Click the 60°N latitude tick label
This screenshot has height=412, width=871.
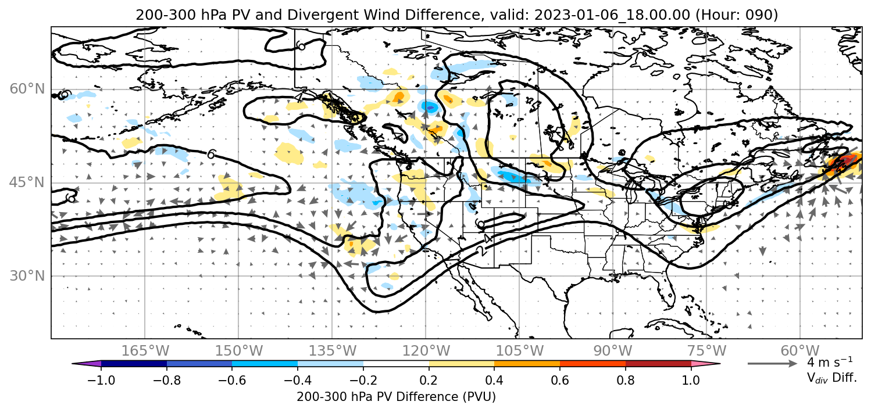pos(27,89)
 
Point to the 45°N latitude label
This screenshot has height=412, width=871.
pos(27,182)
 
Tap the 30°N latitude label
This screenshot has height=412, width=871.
pos(27,276)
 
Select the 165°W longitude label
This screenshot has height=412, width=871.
pos(145,350)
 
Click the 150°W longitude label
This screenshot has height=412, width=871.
pos(239,350)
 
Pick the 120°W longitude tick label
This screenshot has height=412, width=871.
pos(426,350)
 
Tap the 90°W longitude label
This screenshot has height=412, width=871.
pos(613,350)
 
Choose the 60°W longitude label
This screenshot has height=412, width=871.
pos(800,350)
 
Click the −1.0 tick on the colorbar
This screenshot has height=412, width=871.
pos(101,379)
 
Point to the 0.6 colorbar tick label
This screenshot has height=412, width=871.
pos(560,379)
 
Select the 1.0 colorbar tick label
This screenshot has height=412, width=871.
pos(691,379)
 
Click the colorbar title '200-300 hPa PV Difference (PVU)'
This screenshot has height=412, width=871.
pos(396,397)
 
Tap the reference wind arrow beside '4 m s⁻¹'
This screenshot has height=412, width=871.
pos(772,364)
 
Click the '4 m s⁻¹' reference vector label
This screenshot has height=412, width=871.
pos(830,362)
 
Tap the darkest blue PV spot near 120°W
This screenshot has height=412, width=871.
pos(430,106)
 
